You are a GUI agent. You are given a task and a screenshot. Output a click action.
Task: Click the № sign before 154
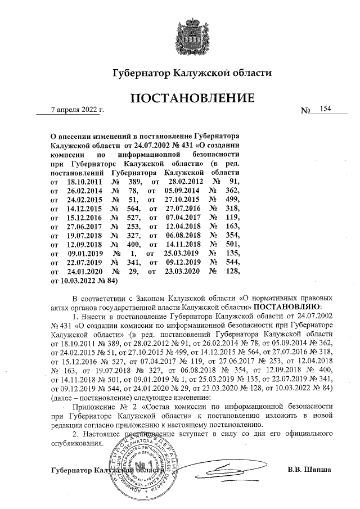[x=306, y=111]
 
